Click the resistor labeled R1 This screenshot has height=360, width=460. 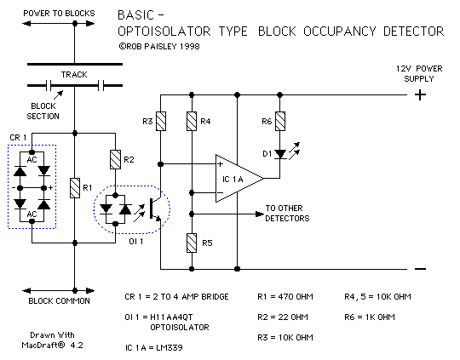click(75, 186)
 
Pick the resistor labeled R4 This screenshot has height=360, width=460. click(192, 122)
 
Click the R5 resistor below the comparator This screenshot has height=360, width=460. click(192, 243)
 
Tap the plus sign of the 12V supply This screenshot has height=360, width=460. click(419, 94)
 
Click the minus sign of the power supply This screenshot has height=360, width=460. click(419, 269)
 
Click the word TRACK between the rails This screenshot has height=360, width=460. click(74, 75)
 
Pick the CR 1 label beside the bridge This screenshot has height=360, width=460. click(18, 137)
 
